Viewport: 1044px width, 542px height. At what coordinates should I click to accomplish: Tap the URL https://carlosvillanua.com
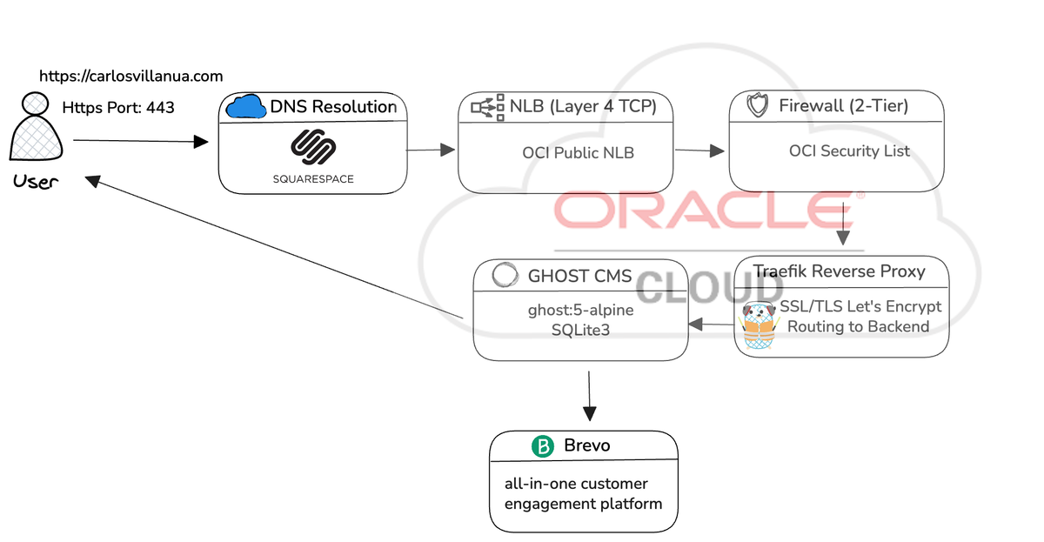tap(131, 77)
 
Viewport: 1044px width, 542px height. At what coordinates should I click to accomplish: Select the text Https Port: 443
tap(118, 108)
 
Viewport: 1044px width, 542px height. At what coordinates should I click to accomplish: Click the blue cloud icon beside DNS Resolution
tap(245, 107)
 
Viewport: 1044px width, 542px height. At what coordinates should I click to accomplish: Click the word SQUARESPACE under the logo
tap(312, 179)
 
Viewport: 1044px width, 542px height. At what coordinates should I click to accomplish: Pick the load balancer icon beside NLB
tap(485, 106)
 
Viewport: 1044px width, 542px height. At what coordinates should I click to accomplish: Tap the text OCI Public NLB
tap(578, 152)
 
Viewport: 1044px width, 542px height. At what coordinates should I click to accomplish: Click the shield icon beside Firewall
tap(758, 106)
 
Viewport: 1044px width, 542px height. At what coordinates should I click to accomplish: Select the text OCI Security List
tap(849, 151)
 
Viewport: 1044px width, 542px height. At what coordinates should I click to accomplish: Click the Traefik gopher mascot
tap(756, 326)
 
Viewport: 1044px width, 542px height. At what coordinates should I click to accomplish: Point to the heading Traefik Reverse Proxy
tap(839, 271)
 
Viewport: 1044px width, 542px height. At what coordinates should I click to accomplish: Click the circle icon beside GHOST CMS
tap(504, 276)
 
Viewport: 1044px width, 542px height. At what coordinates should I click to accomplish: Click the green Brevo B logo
tap(542, 446)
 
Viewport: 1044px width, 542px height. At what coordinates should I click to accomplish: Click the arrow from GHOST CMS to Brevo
tap(589, 395)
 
